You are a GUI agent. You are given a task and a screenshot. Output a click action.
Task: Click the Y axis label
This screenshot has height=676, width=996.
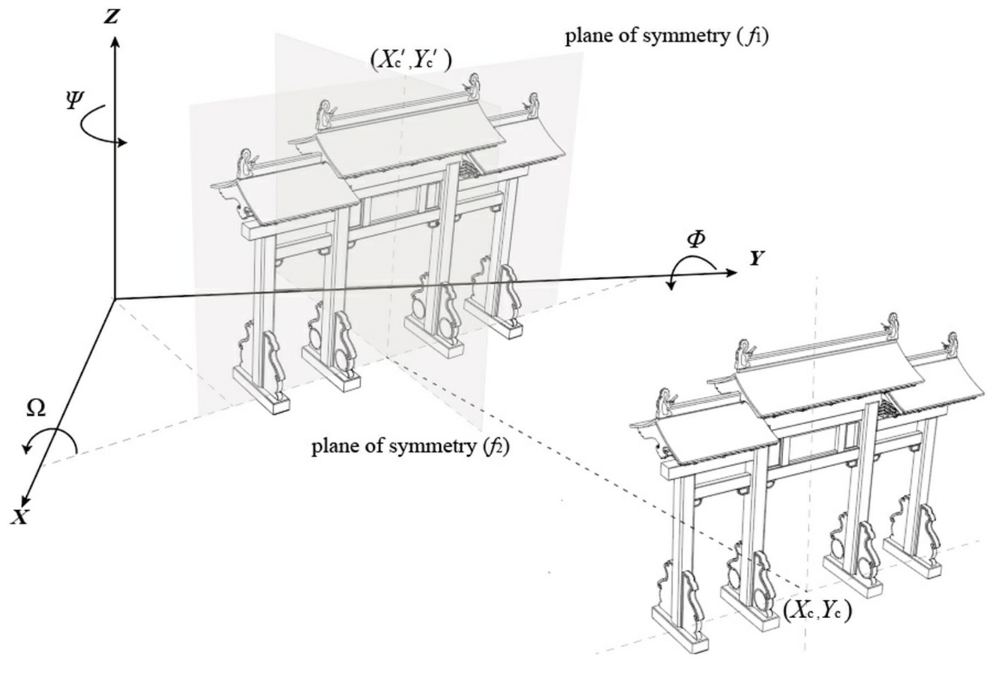click(x=757, y=259)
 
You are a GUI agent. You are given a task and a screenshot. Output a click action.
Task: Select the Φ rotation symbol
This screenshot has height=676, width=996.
click(x=696, y=240)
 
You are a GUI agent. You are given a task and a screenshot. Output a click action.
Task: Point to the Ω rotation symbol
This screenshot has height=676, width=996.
click(x=36, y=409)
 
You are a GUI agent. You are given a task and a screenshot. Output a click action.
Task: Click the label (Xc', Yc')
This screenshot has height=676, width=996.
click(x=411, y=61)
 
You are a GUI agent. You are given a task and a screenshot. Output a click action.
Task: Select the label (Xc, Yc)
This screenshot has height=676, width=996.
click(x=817, y=611)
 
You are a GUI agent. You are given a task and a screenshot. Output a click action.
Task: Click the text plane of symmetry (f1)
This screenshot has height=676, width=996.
click(x=667, y=36)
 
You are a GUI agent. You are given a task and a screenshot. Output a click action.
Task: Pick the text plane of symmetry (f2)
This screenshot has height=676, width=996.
click(x=410, y=447)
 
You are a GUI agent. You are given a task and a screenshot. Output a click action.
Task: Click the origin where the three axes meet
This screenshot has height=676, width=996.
click(x=115, y=298)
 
